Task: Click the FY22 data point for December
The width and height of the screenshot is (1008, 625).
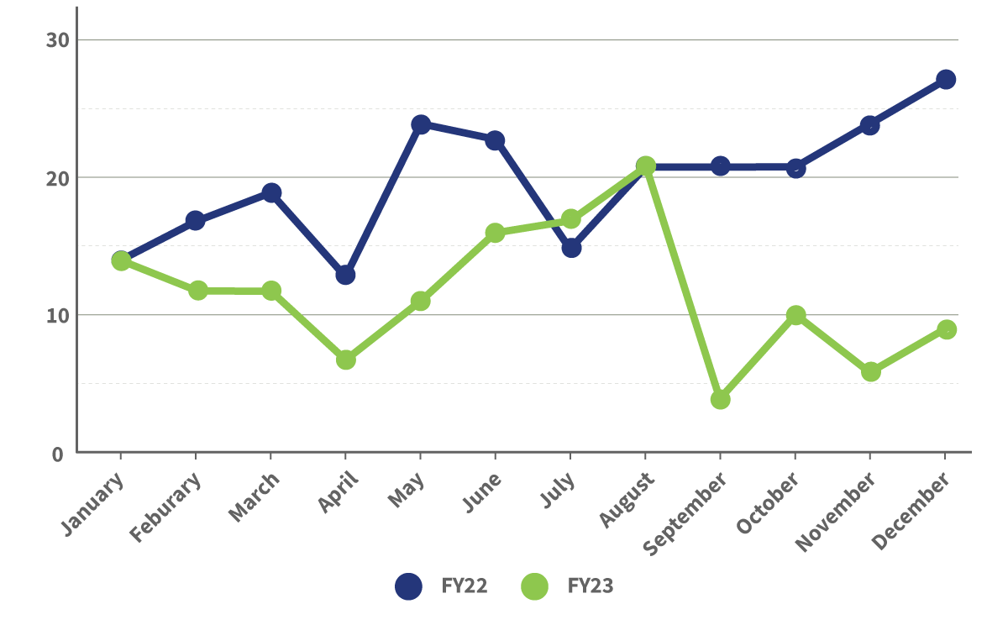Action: click(x=946, y=80)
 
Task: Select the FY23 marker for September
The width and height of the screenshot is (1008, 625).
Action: click(x=720, y=399)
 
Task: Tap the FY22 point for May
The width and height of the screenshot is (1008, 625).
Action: click(x=421, y=124)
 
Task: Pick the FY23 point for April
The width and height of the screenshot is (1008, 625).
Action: click(x=346, y=360)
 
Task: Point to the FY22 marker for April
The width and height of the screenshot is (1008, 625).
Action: click(x=345, y=275)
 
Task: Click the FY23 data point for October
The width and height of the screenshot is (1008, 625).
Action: click(x=795, y=315)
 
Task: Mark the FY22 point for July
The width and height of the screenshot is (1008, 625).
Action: click(x=571, y=248)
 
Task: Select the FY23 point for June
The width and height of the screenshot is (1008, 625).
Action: click(x=496, y=233)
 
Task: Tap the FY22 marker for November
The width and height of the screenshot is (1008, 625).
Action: click(x=870, y=126)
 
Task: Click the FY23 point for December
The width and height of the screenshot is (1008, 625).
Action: click(x=947, y=329)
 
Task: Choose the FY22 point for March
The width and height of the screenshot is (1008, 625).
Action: click(x=271, y=192)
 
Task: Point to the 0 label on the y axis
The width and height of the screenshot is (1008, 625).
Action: click(x=58, y=454)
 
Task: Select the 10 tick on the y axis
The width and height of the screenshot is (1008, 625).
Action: click(x=55, y=316)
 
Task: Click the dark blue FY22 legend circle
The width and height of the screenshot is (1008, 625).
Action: click(x=408, y=586)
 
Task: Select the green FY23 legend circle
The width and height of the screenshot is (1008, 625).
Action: click(x=534, y=586)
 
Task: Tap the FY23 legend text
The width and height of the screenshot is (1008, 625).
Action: click(x=591, y=586)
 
